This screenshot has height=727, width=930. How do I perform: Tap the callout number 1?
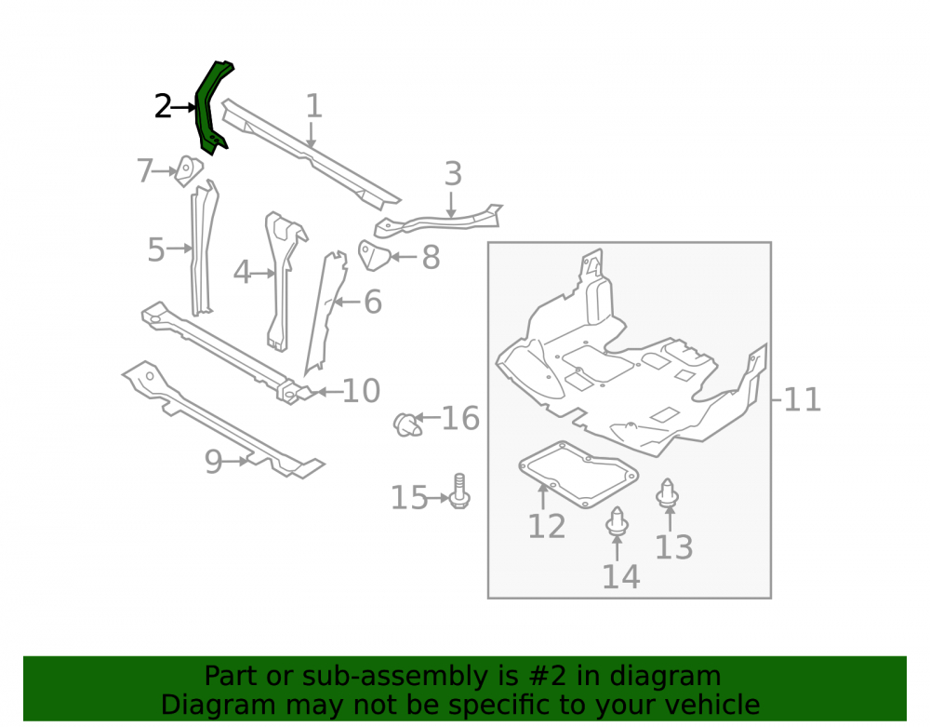coord(313,106)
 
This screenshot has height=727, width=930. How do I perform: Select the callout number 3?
coord(453,174)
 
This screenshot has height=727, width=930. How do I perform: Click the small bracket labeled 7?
coord(189,171)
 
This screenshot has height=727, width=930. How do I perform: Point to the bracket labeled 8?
coord(373,255)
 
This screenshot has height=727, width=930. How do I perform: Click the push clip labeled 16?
coord(407,424)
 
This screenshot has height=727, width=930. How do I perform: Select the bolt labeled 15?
coord(459,491)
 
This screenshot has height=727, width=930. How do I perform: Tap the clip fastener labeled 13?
coord(668,493)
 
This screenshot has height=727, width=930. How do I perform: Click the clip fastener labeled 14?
coord(617,521)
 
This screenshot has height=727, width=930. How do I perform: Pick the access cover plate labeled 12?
coord(578,475)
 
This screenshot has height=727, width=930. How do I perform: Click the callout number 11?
coord(803,399)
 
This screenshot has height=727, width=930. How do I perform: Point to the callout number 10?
coord(361,391)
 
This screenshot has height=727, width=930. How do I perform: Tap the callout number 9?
coord(214,461)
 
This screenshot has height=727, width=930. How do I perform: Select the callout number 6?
coord(373,303)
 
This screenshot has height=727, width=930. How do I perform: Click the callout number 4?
coord(242,273)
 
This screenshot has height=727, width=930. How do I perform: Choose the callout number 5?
coord(156,249)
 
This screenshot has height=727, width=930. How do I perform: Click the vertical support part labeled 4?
coord(283,279)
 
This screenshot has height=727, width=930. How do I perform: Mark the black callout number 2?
coord(163,107)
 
